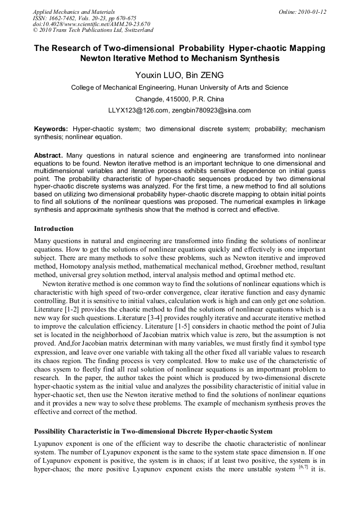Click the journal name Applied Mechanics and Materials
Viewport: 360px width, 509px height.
point(73,12)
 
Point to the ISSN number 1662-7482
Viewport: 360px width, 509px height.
point(68,18)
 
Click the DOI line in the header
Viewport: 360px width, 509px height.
point(91,24)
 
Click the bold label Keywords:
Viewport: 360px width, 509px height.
point(51,129)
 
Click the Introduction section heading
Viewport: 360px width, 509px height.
point(54,229)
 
